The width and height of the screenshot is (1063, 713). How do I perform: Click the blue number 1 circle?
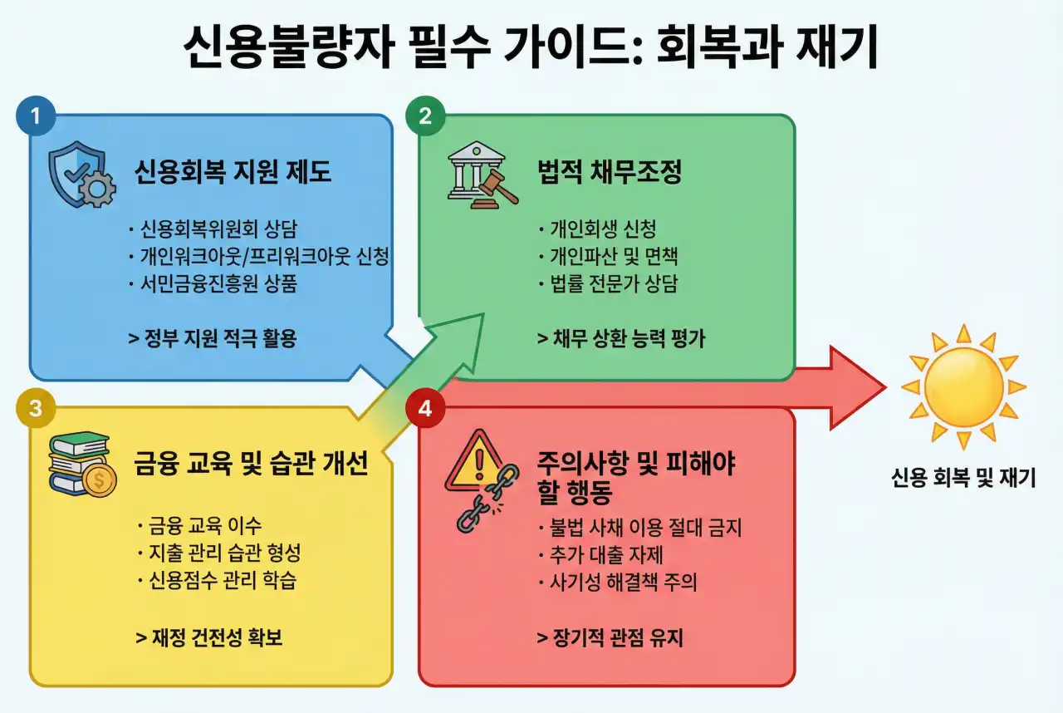coord(36,117)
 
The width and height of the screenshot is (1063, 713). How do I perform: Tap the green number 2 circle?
coord(425,117)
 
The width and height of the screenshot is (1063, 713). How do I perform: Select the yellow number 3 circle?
coord(36,408)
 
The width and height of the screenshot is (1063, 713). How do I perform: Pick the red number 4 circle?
coord(425,408)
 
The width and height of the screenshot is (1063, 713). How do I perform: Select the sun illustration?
coord(963,387)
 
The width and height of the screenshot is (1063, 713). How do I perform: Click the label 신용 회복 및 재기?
coord(963,478)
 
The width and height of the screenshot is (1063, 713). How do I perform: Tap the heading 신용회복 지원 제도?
coord(233,172)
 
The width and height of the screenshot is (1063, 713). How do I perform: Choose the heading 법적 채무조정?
coord(610,172)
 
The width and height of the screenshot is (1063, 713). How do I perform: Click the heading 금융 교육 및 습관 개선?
coord(251,463)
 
